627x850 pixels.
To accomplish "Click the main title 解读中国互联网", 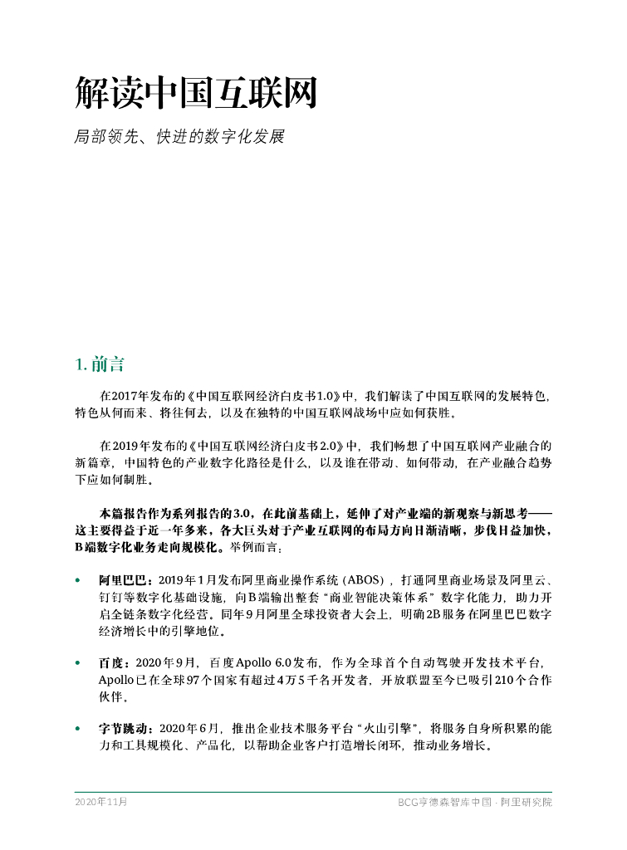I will tap(196, 94).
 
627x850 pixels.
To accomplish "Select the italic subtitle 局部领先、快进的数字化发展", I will tap(179, 136).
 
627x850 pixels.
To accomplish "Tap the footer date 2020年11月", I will tap(101, 802).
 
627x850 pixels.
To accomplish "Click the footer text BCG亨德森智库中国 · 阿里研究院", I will tap(474, 803).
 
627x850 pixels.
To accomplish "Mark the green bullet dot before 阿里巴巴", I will tap(78, 579).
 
